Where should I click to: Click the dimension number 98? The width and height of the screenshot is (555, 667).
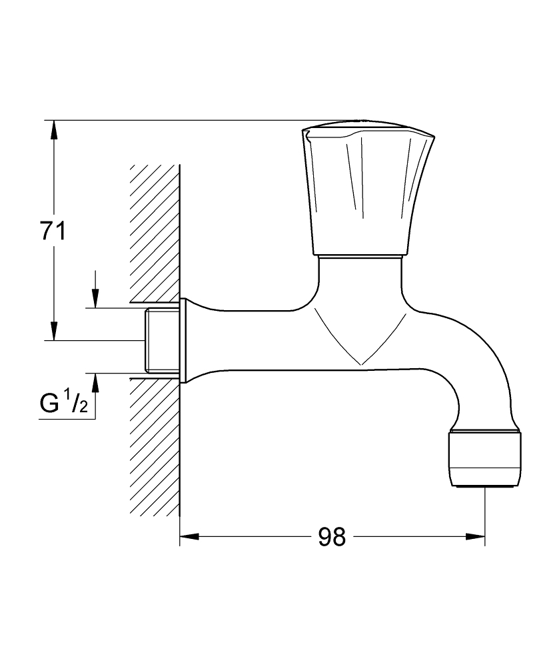pyautogui.click(x=332, y=537)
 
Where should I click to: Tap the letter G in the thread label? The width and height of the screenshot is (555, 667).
pyautogui.click(x=49, y=404)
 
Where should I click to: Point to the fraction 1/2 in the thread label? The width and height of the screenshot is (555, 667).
pyautogui.click(x=79, y=404)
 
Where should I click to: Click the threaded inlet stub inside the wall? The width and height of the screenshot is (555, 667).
pyautogui.click(x=162, y=341)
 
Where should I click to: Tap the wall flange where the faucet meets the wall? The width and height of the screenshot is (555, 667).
pyautogui.click(x=183, y=341)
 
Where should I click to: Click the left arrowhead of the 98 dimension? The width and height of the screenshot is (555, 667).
pyautogui.click(x=189, y=537)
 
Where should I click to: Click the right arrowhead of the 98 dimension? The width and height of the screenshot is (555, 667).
pyautogui.click(x=476, y=537)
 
